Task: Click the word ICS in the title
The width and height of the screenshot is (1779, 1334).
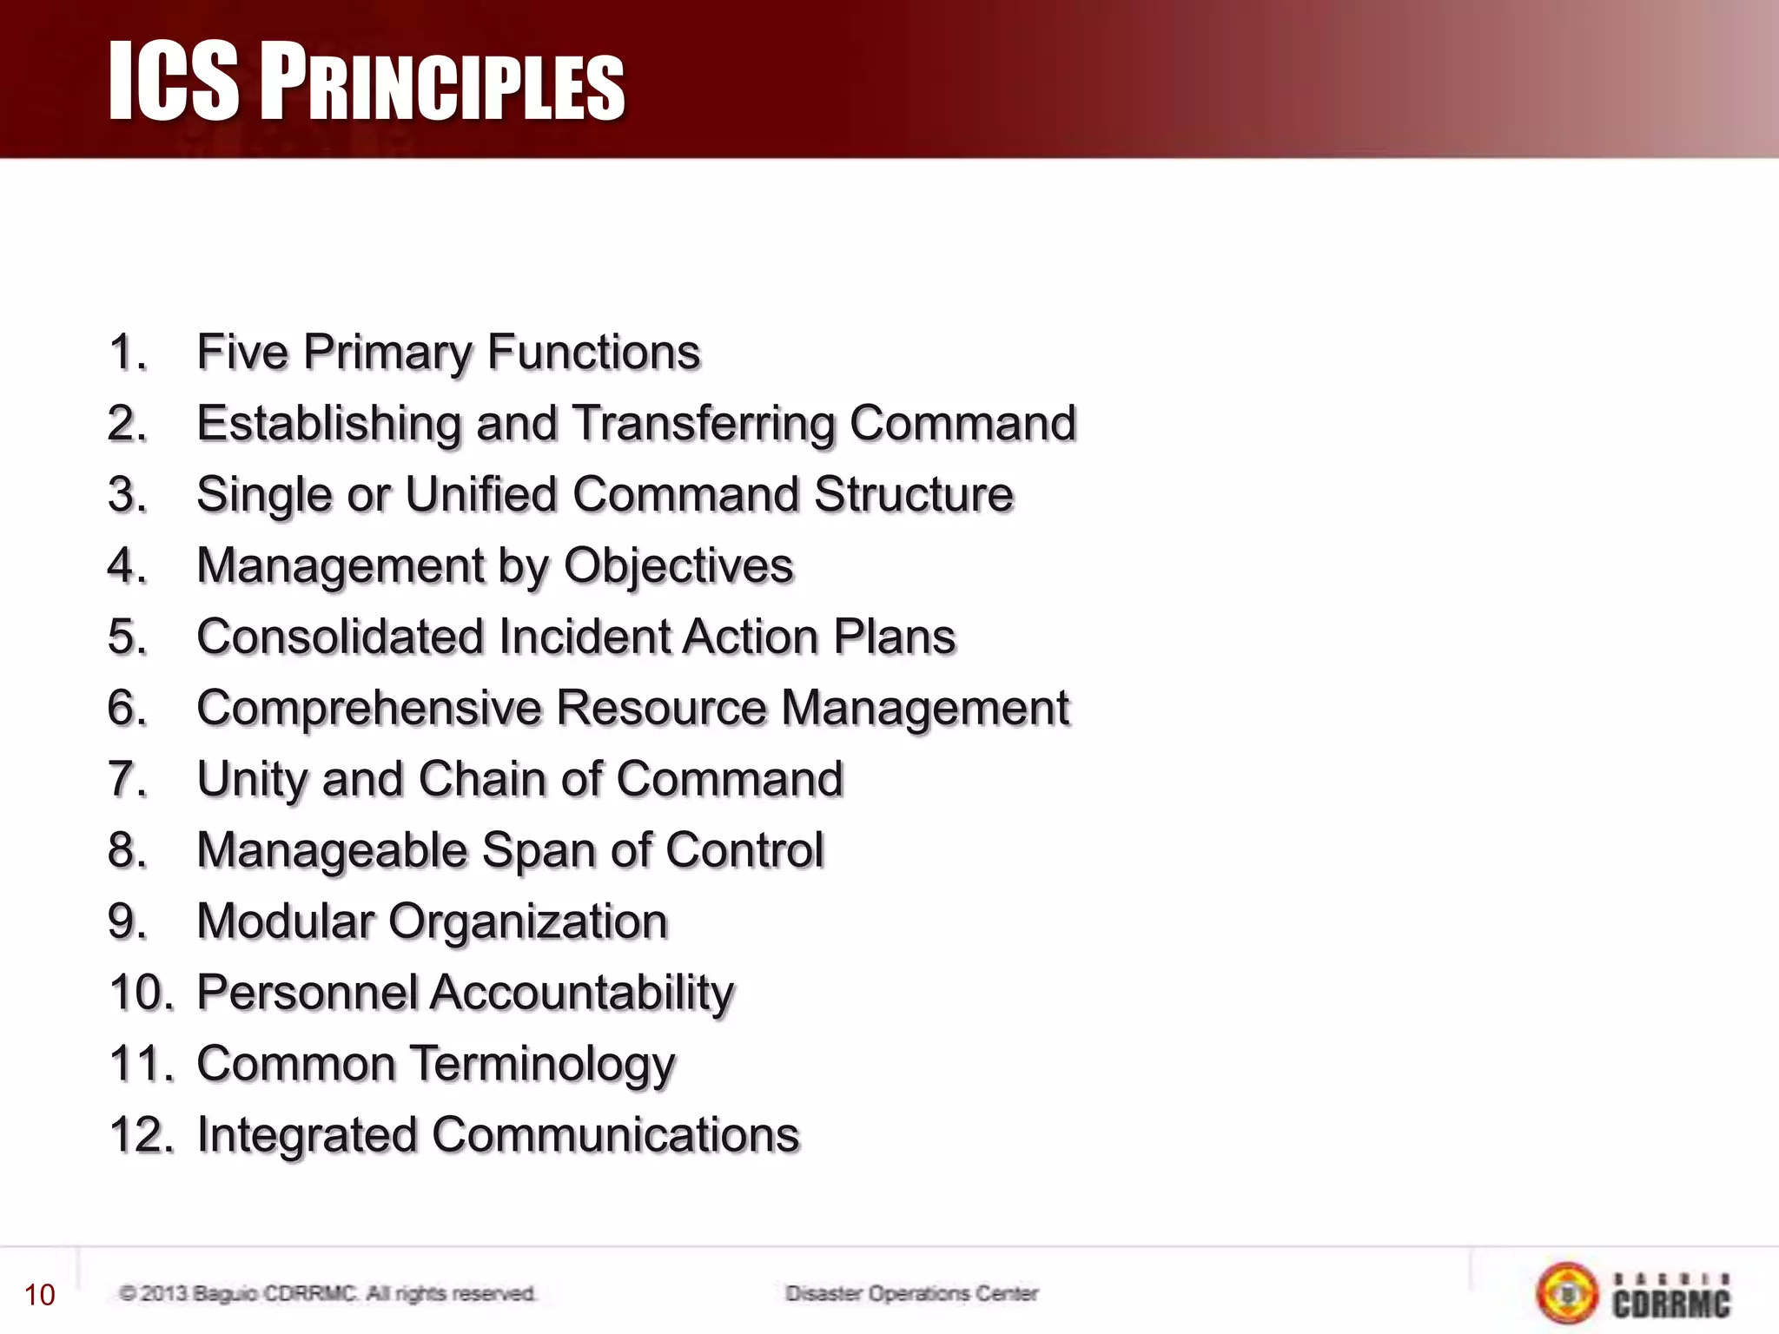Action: click(173, 82)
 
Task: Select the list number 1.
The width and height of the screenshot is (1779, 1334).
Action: click(127, 353)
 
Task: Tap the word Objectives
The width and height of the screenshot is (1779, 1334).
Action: click(678, 566)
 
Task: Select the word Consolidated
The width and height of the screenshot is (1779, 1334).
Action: click(340, 637)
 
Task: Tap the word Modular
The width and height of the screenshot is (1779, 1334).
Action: click(285, 921)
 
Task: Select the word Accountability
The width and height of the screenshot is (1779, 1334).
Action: click(582, 993)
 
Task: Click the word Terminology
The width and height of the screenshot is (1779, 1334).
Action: click(542, 1065)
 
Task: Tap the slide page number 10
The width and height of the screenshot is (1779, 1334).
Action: click(40, 1295)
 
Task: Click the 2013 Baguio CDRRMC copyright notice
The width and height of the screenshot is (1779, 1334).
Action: click(327, 1294)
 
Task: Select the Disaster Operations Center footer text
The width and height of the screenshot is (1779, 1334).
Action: click(911, 1294)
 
